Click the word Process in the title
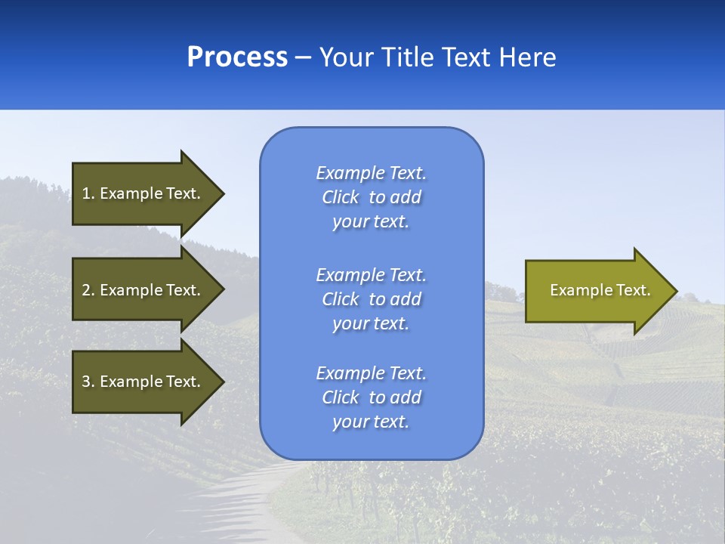click(237, 57)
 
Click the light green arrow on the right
click(597, 291)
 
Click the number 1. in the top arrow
click(88, 193)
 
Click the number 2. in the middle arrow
click(88, 290)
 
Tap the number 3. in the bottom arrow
click(88, 382)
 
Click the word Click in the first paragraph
click(341, 198)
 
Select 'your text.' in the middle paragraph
click(371, 323)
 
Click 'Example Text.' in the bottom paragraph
click(371, 373)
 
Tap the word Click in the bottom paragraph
click(341, 397)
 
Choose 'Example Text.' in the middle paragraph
click(371, 275)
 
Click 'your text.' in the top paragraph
click(371, 222)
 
